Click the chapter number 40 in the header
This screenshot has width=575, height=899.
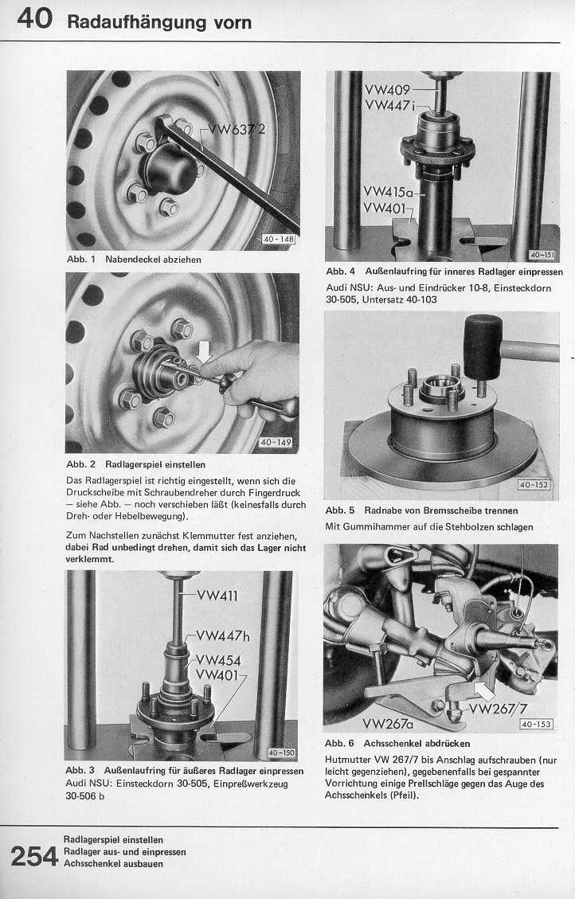[x=34, y=18]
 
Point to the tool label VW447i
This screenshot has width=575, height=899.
[x=390, y=105]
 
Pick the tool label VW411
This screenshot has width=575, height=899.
[x=216, y=595]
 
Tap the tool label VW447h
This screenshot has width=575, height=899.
[x=223, y=635]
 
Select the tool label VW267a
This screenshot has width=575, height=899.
[x=388, y=724]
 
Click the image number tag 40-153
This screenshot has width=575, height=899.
[x=536, y=724]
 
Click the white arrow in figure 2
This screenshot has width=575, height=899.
[x=205, y=350]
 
